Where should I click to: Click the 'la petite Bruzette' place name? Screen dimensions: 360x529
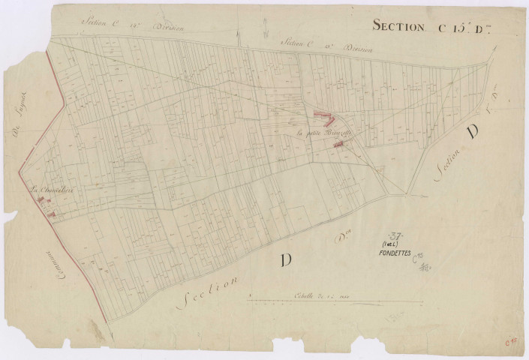click(x=323, y=133)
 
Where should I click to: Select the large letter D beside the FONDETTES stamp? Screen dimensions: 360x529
click(x=286, y=259)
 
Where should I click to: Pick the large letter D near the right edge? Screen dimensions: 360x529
click(x=473, y=133)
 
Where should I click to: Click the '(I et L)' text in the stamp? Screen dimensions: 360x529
click(x=390, y=244)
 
